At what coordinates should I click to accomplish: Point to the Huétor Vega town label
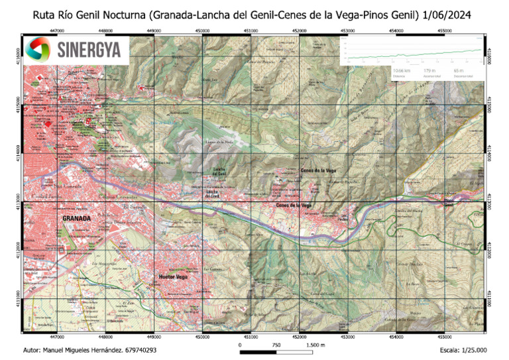point(171,276)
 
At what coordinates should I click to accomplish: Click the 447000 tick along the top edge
point(57,30)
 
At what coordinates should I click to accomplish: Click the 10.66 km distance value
point(402,70)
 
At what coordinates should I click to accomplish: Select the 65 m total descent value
point(459,70)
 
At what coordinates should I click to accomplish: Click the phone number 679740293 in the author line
point(139,349)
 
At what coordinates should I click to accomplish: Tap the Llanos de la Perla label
point(222,142)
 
